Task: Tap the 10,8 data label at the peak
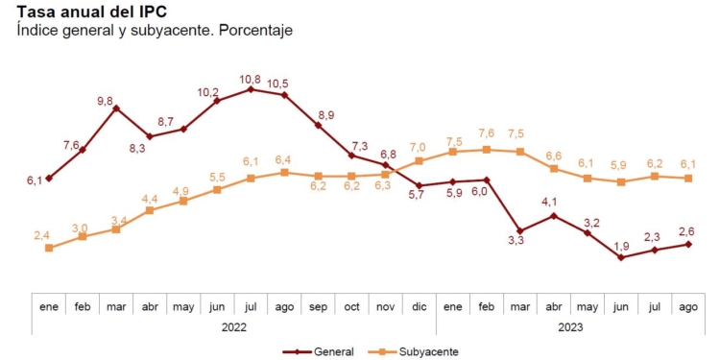point(251,78)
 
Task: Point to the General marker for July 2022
point(251,89)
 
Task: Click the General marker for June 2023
point(621,257)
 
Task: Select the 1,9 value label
point(621,245)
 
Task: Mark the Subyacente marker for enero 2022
point(49,248)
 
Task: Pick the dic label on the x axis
point(419,305)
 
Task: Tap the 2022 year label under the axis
point(233,327)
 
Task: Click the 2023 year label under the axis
point(569,327)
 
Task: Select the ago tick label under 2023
point(688,305)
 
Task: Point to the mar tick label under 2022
point(116,305)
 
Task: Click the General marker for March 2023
point(520,230)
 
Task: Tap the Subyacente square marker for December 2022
point(419,161)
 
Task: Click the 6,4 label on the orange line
point(284,159)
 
